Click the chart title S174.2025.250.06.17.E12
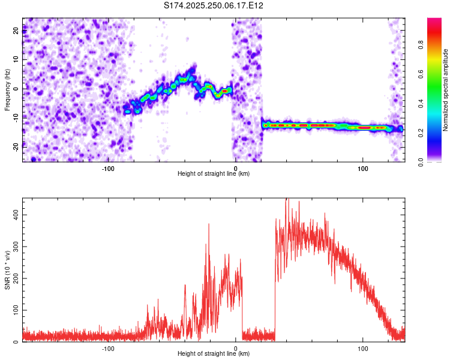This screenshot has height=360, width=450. (214, 5)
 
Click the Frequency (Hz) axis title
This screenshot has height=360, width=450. (7, 90)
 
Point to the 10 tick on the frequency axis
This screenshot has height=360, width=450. (17, 60)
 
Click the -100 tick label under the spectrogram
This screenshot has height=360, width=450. (108, 169)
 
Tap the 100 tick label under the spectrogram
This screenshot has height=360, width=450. (362, 169)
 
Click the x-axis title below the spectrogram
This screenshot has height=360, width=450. (214, 175)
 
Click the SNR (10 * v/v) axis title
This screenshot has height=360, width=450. (7, 270)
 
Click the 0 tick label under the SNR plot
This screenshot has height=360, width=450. (235, 349)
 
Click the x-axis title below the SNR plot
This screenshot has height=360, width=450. (214, 355)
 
